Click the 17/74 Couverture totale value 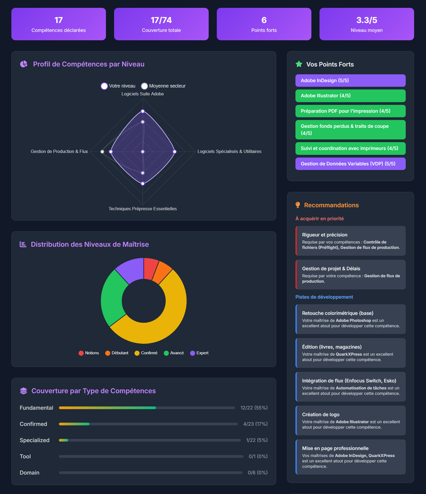click(161, 20)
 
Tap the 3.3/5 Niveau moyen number click(367, 20)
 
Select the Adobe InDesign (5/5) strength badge click(350, 81)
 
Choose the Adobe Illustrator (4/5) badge click(350, 96)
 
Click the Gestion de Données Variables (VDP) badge click(350, 164)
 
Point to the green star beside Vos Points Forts click(299, 64)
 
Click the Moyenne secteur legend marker click(145, 86)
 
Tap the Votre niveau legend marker click(104, 86)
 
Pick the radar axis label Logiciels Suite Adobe click(142, 94)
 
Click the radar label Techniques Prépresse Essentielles click(142, 209)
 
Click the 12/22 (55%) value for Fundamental click(254, 408)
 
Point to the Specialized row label click(35, 440)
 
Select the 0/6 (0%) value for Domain click(257, 473)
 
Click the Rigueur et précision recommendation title click(325, 235)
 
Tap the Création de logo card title click(321, 415)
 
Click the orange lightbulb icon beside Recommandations click(298, 205)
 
